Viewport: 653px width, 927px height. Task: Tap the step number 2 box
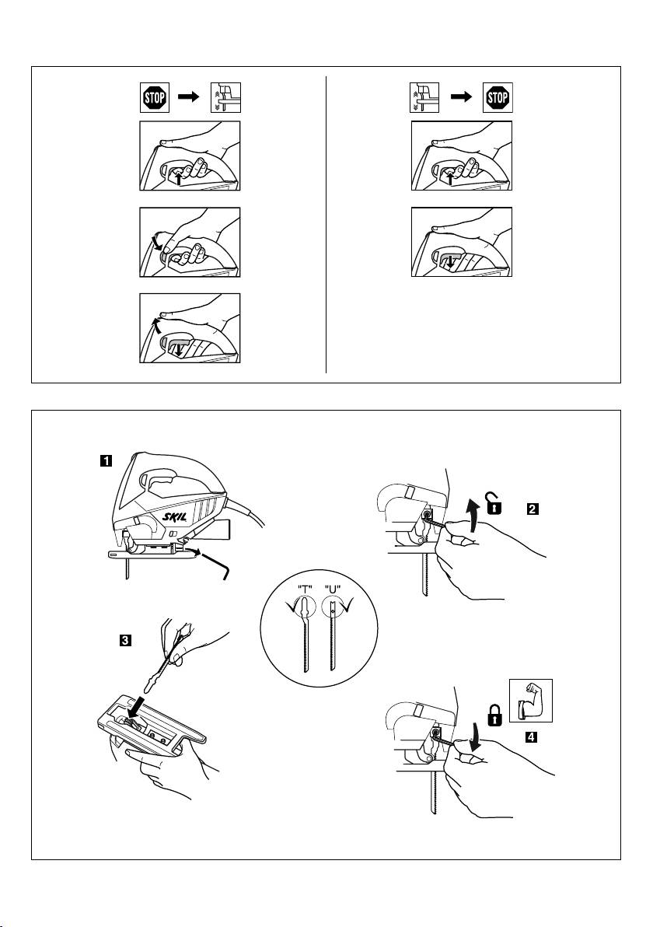[533, 509]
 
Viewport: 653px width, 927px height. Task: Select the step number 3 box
[124, 642]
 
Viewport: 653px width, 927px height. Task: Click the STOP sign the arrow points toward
[498, 100]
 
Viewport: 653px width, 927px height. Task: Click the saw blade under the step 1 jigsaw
[125, 573]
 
